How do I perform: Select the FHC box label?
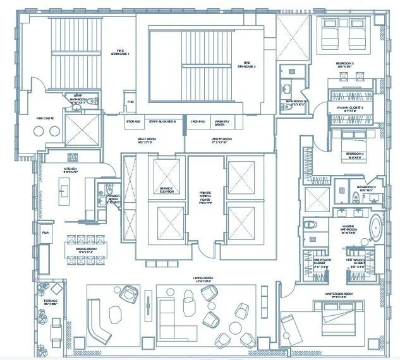coord(131,101)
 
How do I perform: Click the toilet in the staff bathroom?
coord(93,100)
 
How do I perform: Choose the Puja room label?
coord(45,233)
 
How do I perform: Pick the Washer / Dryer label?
coord(221,123)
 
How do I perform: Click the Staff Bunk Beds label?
coord(162,121)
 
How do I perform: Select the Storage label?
coord(133,121)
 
